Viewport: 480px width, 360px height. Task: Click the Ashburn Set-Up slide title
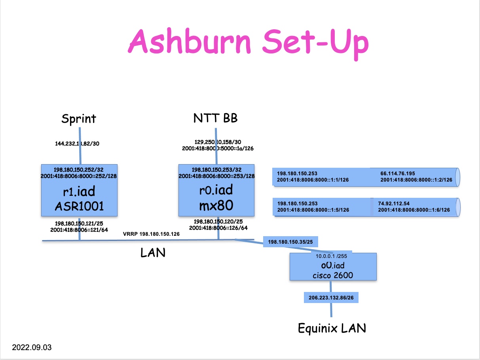coord(248,43)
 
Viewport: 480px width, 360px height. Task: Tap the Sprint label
coord(79,119)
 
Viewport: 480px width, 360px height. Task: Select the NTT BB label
coord(215,118)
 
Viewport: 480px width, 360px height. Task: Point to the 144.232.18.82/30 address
coord(77,144)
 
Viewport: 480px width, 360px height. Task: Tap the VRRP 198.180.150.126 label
coord(151,234)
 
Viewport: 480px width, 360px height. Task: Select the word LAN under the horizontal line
coord(153,252)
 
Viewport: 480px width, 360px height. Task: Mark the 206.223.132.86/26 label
coord(331,297)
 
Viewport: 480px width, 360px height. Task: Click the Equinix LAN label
coord(332,328)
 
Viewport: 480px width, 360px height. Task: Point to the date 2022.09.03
coord(32,348)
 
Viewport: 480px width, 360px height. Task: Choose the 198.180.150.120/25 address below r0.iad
coord(218,222)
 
